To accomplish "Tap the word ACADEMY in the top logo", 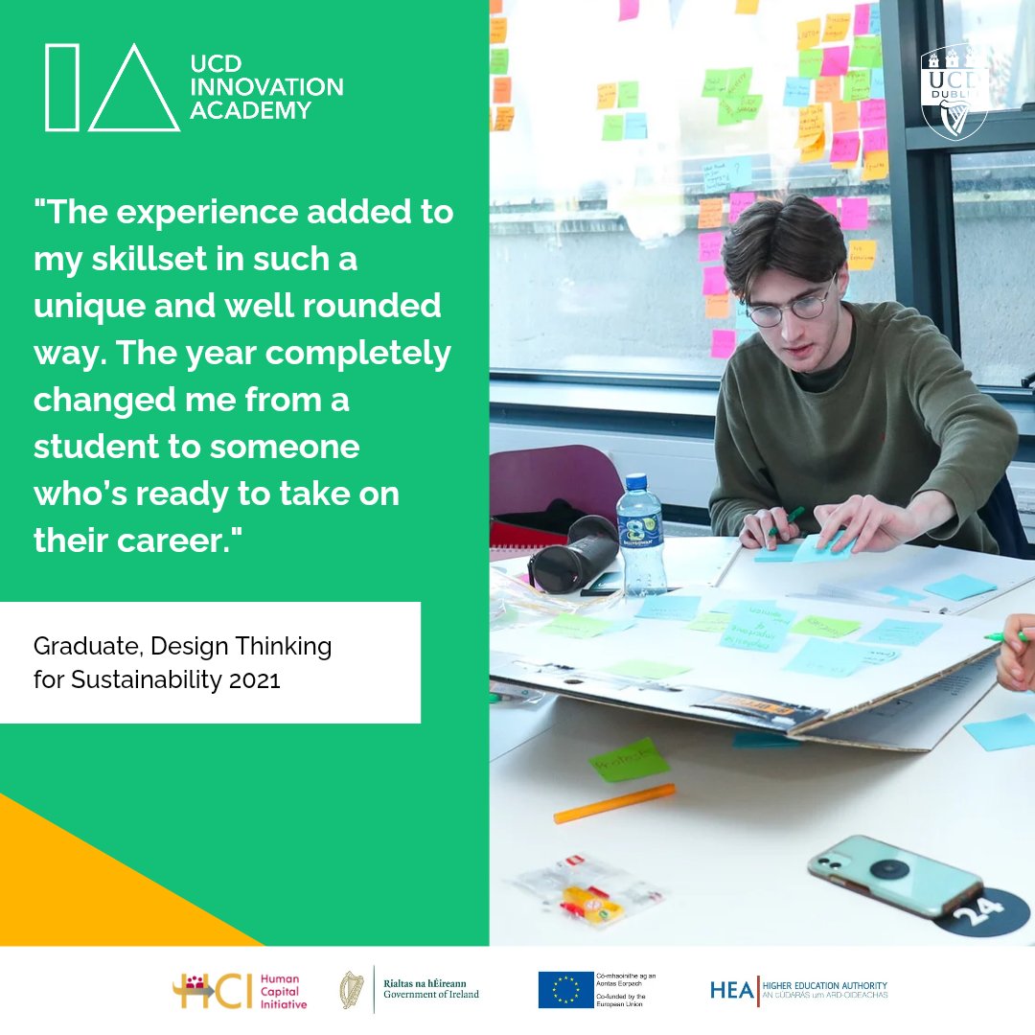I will pyautogui.click(x=250, y=110).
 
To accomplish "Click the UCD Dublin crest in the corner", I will pyautogui.click(x=954, y=92).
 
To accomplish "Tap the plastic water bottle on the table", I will pyautogui.click(x=641, y=535).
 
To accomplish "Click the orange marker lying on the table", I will pyautogui.click(x=614, y=803).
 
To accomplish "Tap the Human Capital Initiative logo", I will pyautogui.click(x=240, y=991).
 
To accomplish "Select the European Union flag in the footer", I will pyautogui.click(x=565, y=990).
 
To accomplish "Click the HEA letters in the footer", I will pyautogui.click(x=732, y=990).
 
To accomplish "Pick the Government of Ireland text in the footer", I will pyautogui.click(x=431, y=995).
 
